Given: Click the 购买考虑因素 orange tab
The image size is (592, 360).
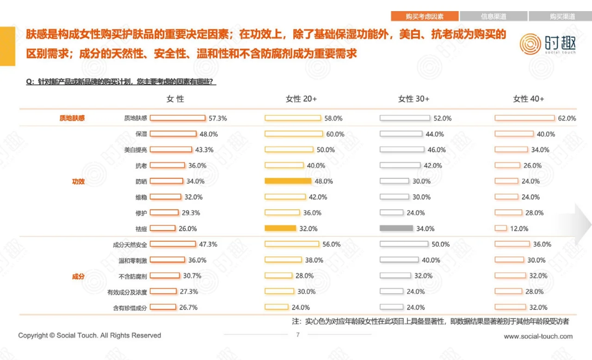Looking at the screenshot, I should coord(425,16).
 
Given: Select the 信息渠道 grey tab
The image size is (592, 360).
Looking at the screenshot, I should coord(493,16).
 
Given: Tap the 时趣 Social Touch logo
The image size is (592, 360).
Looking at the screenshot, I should coord(548,44).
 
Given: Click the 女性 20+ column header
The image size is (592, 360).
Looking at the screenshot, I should coord(301,99).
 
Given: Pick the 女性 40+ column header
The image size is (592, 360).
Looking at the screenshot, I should coord(528,99).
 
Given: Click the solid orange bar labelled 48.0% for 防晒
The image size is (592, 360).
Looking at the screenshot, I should coord(288,181).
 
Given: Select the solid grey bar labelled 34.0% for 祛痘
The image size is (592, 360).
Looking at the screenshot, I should coord(396,228).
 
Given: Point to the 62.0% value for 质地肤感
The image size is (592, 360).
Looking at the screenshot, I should coord(567,118).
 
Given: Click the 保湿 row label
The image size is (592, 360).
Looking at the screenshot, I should coord(141,134).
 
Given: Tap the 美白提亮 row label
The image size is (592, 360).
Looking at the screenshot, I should coord(136,150).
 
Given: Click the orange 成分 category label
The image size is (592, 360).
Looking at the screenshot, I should coord(78,276).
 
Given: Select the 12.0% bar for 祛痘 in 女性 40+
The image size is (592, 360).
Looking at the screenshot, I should coord(500,228).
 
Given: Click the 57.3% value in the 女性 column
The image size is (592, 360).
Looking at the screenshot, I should coord(217,118).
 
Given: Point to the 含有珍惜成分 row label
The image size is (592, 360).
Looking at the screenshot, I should coord(130,307).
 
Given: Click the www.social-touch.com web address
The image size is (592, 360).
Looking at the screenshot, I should coord(538,336).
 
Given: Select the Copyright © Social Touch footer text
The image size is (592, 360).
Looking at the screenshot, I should coord(90,335).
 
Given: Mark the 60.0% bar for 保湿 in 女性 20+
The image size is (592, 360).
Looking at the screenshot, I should coord(294,134).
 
